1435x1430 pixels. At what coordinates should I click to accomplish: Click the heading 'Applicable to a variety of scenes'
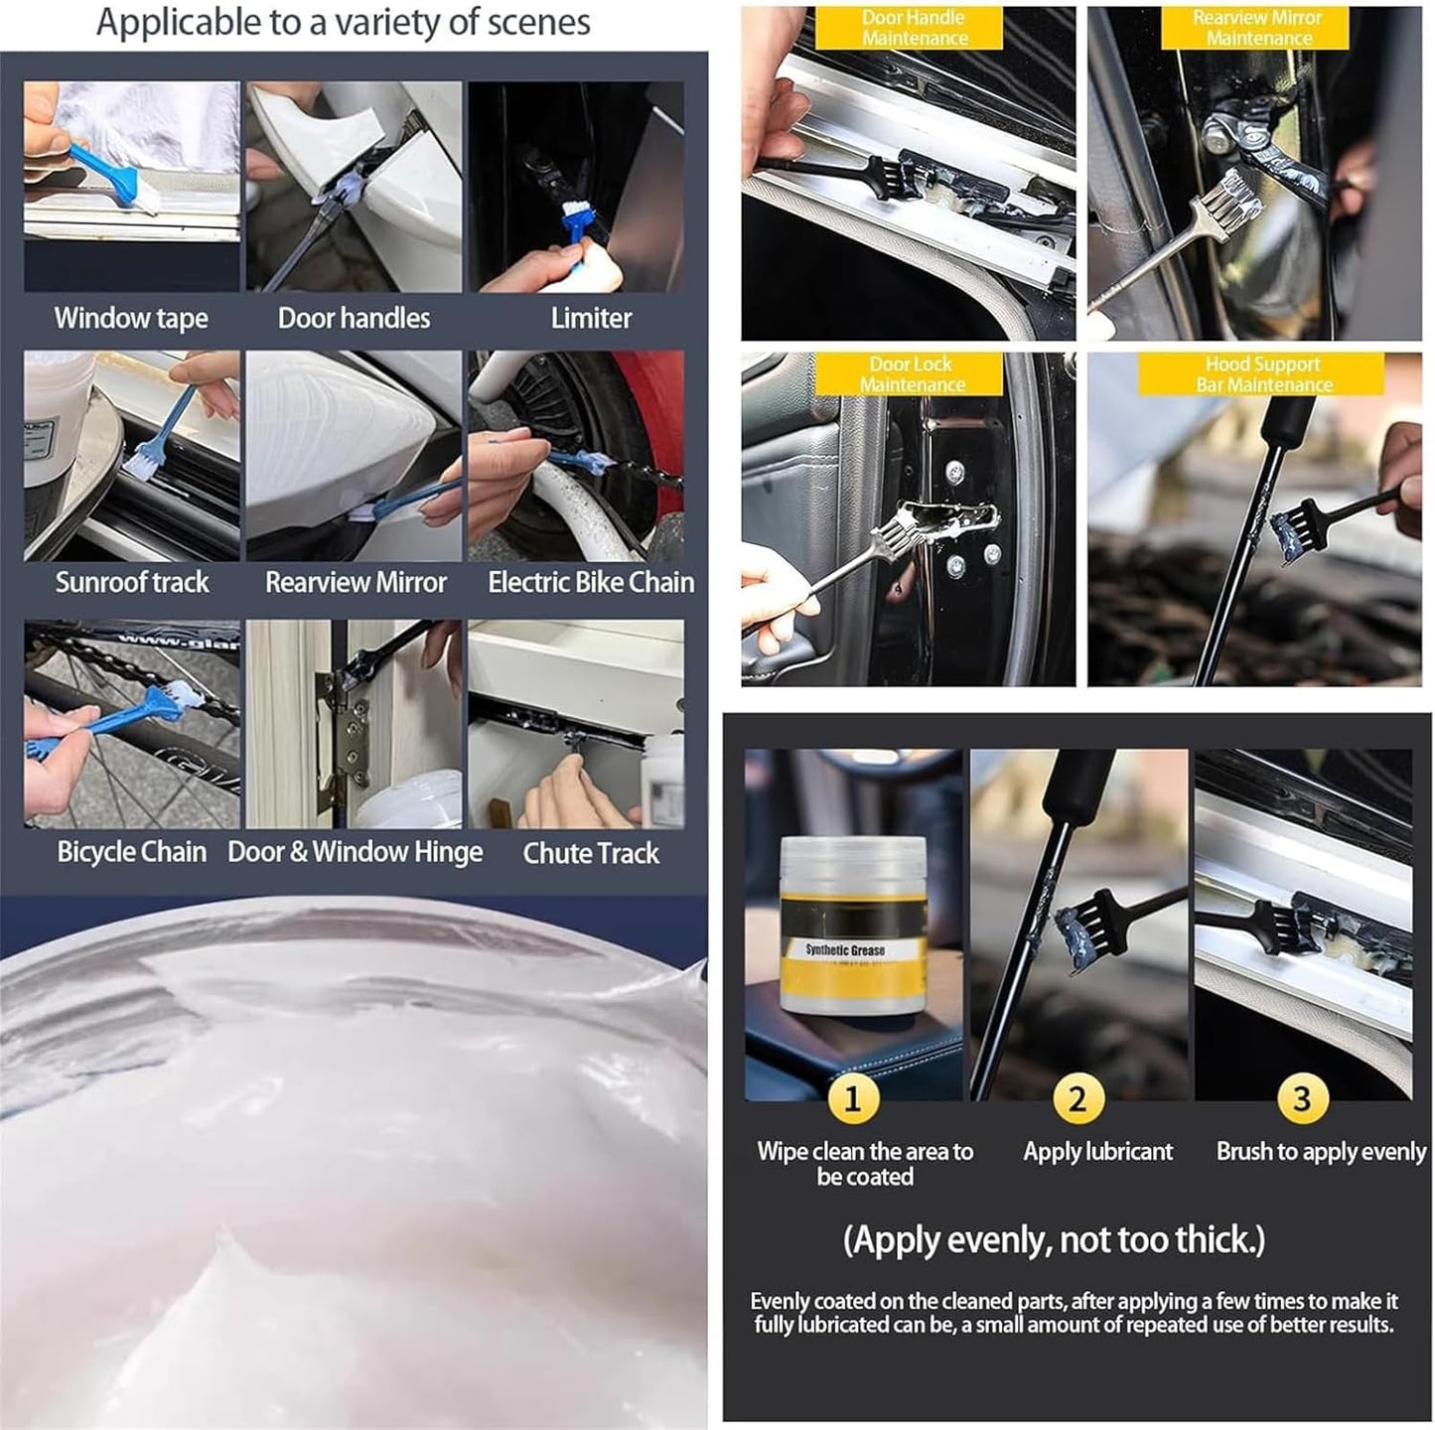[x=343, y=22]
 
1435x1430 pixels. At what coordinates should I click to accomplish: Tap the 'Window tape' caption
[x=131, y=318]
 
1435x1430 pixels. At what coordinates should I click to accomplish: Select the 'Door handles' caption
[x=354, y=318]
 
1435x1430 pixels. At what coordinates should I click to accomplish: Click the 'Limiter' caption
[x=591, y=318]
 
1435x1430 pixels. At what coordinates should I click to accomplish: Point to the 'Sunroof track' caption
[x=132, y=582]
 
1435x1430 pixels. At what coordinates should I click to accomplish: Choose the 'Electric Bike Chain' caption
[x=591, y=582]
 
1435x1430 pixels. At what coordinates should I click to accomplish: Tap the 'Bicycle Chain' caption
[x=132, y=852]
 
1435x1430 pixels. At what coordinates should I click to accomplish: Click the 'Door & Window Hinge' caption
[x=355, y=852]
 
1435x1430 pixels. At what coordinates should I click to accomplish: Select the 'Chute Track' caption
[x=591, y=853]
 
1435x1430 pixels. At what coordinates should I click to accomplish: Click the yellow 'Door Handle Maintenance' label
[x=913, y=28]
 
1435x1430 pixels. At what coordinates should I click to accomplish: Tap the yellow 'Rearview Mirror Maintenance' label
[x=1256, y=28]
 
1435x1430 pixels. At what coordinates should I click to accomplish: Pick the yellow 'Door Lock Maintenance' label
[x=911, y=374]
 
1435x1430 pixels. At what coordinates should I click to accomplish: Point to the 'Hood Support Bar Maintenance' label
[x=1261, y=374]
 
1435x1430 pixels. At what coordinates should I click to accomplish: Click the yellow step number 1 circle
[x=852, y=1099]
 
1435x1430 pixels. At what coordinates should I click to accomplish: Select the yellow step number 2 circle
[x=1076, y=1099]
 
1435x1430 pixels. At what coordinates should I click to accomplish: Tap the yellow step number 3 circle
[x=1302, y=1099]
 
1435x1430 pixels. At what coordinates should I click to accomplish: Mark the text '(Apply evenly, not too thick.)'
[x=1054, y=1240]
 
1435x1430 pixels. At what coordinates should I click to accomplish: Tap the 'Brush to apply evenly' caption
[x=1321, y=1152]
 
